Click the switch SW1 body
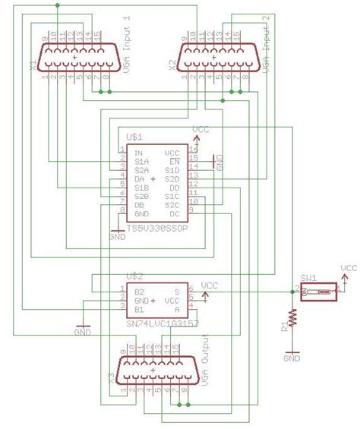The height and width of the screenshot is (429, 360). [x=318, y=291]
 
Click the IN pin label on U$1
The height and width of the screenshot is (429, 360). [x=139, y=153]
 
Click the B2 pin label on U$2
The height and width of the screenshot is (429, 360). [x=139, y=292]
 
